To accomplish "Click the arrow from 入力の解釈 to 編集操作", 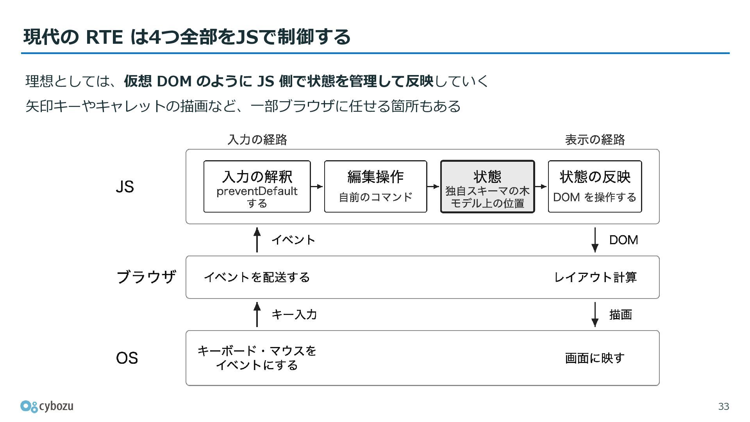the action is [318, 186].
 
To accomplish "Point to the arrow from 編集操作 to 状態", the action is [434, 186].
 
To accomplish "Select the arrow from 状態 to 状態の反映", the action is [541, 186].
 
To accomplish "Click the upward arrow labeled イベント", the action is [257, 240].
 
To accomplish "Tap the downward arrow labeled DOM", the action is [595, 240].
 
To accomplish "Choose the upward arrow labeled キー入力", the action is [257, 315].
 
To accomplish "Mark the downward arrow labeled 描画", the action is [595, 315].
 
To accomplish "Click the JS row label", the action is [125, 187].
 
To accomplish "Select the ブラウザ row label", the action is [146, 277].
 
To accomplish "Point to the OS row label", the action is [127, 358].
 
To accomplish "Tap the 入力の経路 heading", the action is [257, 139].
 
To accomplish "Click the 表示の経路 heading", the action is [595, 139].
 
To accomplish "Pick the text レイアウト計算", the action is [595, 277].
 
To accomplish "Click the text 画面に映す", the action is [595, 358].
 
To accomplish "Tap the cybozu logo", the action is [47, 406].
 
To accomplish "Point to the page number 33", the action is [724, 406].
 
